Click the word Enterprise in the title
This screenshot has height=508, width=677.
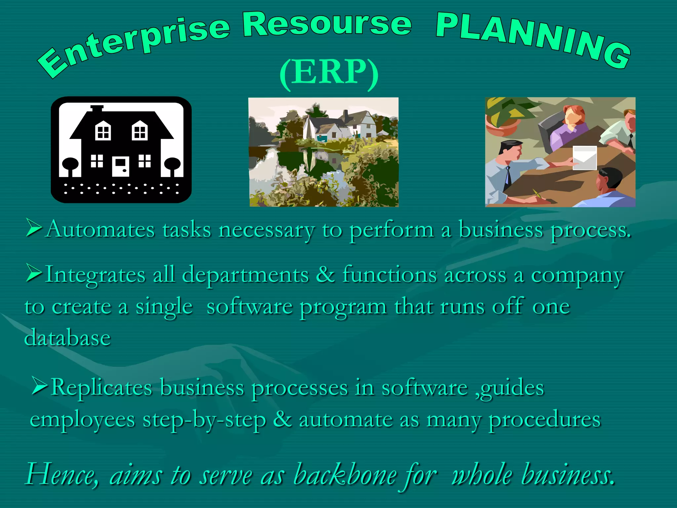click(132, 43)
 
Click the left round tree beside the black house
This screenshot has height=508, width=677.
click(70, 165)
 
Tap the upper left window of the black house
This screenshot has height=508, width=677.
click(103, 131)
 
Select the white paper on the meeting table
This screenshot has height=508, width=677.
click(584, 157)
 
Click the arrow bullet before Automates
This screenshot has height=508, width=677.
click(34, 229)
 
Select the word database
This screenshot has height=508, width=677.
click(67, 338)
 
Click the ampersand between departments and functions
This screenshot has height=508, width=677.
click(325, 274)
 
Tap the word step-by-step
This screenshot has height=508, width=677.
click(204, 420)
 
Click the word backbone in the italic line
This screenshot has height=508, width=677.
click(345, 475)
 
